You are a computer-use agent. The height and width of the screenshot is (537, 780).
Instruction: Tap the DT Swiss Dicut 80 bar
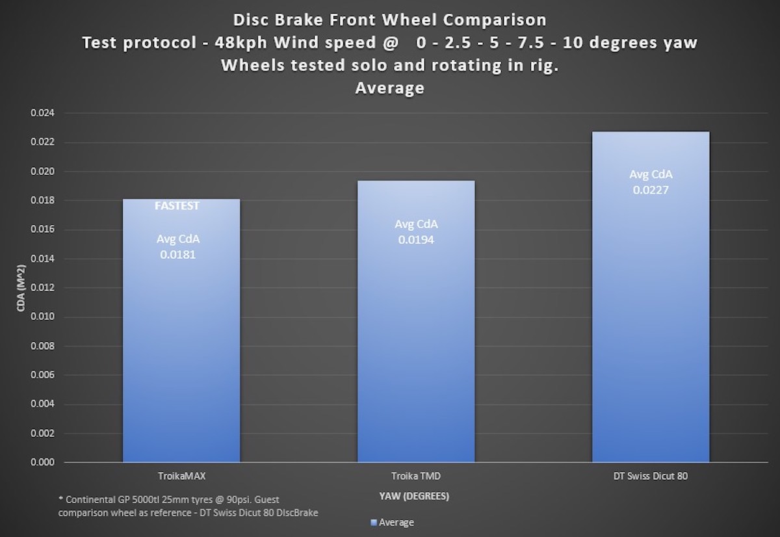point(650,325)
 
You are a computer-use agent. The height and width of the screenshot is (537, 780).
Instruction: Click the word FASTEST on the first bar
point(177,206)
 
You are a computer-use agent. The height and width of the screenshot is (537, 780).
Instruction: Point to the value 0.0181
point(178,255)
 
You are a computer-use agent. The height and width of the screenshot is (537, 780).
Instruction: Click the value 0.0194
point(416,239)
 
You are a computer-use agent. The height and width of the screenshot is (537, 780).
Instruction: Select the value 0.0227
point(651,190)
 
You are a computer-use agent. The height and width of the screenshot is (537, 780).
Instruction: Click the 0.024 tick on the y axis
point(44,113)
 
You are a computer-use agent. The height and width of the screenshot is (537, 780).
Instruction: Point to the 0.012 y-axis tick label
point(44,288)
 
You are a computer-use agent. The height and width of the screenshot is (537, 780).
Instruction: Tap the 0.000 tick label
point(44,462)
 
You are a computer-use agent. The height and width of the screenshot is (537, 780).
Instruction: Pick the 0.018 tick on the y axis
point(44,201)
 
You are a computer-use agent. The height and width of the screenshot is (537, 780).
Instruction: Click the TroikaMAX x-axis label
point(181,476)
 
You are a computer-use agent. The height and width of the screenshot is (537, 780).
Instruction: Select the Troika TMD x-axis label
point(416,476)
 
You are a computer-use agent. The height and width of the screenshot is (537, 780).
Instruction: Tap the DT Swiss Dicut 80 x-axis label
point(650,476)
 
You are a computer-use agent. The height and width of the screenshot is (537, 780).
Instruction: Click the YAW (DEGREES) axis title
point(414,496)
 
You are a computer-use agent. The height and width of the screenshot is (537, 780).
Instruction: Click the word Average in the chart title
point(389,88)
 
